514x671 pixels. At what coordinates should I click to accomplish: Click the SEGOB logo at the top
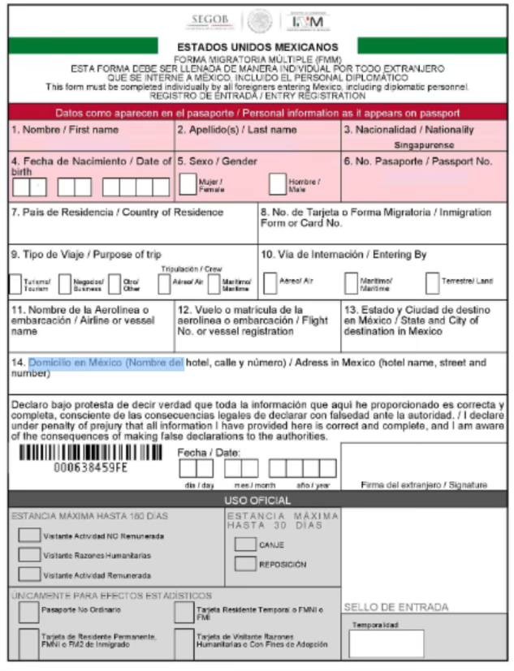tap(209, 19)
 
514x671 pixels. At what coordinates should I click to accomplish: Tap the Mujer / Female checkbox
tap(188, 185)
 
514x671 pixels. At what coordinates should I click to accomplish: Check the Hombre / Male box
tap(277, 185)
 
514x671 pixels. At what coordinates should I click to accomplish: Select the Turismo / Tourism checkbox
tap(17, 284)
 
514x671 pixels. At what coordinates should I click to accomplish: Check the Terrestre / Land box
tap(433, 283)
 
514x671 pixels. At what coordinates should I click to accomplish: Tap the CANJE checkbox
tap(245, 544)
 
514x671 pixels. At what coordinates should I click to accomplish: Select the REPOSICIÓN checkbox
tap(245, 564)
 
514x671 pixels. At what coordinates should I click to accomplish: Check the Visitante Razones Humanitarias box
tap(29, 555)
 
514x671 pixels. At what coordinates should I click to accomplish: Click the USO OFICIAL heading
tap(257, 501)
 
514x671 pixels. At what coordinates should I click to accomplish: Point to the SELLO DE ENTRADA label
tap(395, 606)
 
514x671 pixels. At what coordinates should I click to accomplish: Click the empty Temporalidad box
tap(387, 643)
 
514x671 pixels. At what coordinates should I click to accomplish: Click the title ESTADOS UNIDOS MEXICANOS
tap(257, 47)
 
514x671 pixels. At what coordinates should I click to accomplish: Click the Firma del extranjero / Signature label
tap(424, 484)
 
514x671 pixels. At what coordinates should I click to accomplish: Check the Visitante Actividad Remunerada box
tap(29, 574)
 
